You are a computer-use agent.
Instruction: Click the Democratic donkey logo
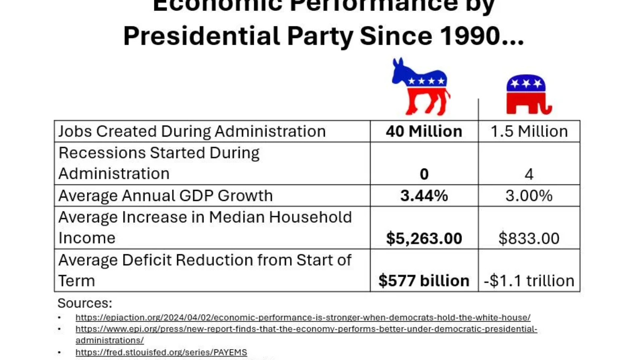pos(421,87)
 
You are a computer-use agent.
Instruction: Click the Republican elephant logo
pos(528,95)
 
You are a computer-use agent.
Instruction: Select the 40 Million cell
pos(424,131)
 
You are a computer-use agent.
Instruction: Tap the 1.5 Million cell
pos(529,131)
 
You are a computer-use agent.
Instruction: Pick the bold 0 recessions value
pos(424,174)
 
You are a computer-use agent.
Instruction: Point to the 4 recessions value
pos(529,174)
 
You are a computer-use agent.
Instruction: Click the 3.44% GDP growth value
pos(424,196)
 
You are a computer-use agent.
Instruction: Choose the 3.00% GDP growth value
pos(529,196)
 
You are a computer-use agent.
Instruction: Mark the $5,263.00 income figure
pos(424,238)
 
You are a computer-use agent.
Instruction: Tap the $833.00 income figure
pos(529,238)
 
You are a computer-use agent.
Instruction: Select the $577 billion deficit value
pos(424,281)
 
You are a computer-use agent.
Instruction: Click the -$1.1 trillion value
pos(529,281)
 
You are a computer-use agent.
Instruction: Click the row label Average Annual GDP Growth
pos(166,196)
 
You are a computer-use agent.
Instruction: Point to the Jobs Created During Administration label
pos(192,131)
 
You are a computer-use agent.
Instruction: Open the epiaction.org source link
pos(303,317)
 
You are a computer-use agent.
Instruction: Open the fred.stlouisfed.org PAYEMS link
pos(161,352)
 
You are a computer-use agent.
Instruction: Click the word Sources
pos(85,303)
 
